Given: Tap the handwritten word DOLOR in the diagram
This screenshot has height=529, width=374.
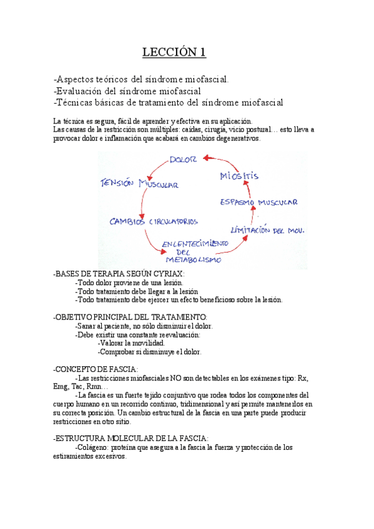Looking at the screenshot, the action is [x=184, y=160].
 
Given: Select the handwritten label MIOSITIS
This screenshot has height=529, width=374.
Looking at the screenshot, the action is [x=239, y=176].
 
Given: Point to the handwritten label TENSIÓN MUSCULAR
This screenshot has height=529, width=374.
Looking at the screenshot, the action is [x=140, y=184].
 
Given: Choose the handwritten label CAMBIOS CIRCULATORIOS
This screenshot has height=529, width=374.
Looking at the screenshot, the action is [x=154, y=221].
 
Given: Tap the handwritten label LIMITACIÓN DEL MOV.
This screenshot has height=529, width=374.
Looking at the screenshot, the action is [x=267, y=230].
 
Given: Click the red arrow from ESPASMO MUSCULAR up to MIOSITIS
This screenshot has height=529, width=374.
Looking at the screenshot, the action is [x=252, y=214].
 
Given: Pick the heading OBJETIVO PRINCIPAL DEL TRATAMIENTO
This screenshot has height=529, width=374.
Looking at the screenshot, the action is [x=130, y=317].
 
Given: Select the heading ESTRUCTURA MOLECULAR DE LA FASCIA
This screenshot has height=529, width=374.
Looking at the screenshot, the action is [x=132, y=439].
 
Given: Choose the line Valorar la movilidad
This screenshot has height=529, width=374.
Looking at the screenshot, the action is [x=132, y=343].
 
